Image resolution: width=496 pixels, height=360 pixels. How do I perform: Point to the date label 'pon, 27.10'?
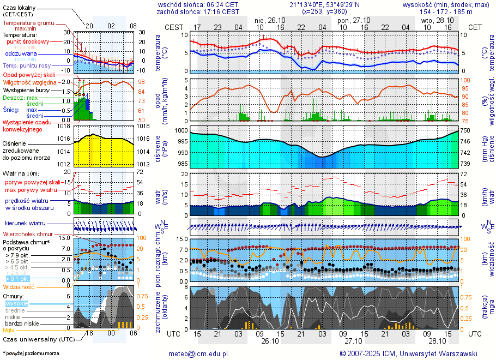point(353,20)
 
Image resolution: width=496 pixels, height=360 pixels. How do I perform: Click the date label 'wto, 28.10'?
point(437,20)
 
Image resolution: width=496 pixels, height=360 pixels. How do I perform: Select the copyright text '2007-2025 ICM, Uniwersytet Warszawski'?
point(412,353)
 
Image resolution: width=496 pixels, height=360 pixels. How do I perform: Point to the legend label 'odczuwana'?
point(21,54)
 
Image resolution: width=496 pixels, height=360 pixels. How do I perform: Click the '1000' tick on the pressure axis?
point(182,131)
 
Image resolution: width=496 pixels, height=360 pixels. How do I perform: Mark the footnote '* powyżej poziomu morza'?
point(31,353)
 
